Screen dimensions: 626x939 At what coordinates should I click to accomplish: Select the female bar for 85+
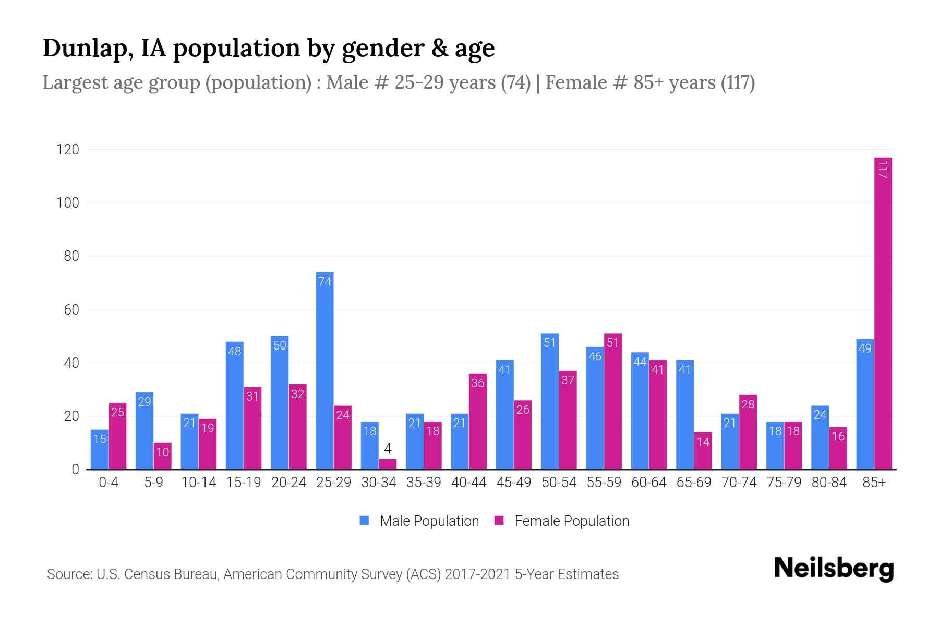(883, 313)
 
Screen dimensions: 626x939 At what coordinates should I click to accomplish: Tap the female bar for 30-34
(388, 464)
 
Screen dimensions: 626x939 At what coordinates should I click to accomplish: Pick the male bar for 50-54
(550, 402)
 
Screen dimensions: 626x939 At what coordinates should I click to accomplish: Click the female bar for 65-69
(703, 451)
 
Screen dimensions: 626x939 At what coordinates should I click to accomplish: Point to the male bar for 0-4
(99, 450)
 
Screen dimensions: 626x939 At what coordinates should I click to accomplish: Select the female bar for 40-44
(478, 422)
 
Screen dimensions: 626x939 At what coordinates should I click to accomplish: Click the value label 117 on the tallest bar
(883, 170)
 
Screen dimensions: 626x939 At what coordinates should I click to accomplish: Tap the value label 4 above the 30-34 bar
(388, 449)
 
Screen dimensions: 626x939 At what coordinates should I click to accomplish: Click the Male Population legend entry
(420, 521)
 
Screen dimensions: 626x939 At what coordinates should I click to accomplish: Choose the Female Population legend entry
(562, 521)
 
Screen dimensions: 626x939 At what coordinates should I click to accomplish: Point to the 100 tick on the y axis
(68, 203)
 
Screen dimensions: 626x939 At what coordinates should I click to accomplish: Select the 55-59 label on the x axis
(604, 483)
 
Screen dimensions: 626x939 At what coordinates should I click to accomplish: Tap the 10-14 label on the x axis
(198, 483)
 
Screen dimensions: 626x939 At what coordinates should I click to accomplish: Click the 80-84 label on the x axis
(829, 483)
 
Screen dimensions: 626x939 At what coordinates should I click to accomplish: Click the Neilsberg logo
(834, 569)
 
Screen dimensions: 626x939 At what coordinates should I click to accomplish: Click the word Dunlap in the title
(82, 48)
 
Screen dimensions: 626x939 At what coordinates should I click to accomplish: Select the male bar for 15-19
(234, 405)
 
